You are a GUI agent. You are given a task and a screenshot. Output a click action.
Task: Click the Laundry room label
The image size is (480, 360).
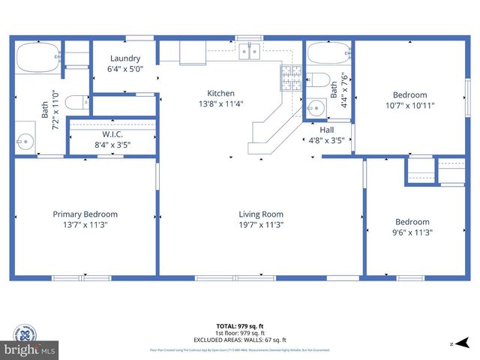(x=125, y=58)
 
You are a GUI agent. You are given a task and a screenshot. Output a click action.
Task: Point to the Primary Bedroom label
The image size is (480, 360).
(x=85, y=214)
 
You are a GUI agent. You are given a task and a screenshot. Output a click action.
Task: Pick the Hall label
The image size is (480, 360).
(x=327, y=129)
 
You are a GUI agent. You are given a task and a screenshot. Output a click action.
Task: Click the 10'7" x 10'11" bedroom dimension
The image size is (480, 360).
(x=410, y=105)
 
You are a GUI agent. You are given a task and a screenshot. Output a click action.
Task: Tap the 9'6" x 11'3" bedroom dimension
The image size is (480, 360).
(x=412, y=232)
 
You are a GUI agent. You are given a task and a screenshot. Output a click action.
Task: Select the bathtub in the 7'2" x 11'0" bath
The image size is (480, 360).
(x=37, y=56)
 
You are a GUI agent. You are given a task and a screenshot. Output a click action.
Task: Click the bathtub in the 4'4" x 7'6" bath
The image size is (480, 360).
(x=328, y=53)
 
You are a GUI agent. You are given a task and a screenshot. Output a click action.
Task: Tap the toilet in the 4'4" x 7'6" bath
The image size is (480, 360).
(x=318, y=80)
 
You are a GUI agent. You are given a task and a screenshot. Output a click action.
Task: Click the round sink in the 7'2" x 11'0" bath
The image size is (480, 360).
(x=26, y=140)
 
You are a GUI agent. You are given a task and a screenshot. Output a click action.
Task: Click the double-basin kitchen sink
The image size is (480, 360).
(x=249, y=51)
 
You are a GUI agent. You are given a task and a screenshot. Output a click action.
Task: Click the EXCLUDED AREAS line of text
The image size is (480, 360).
(x=240, y=339)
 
